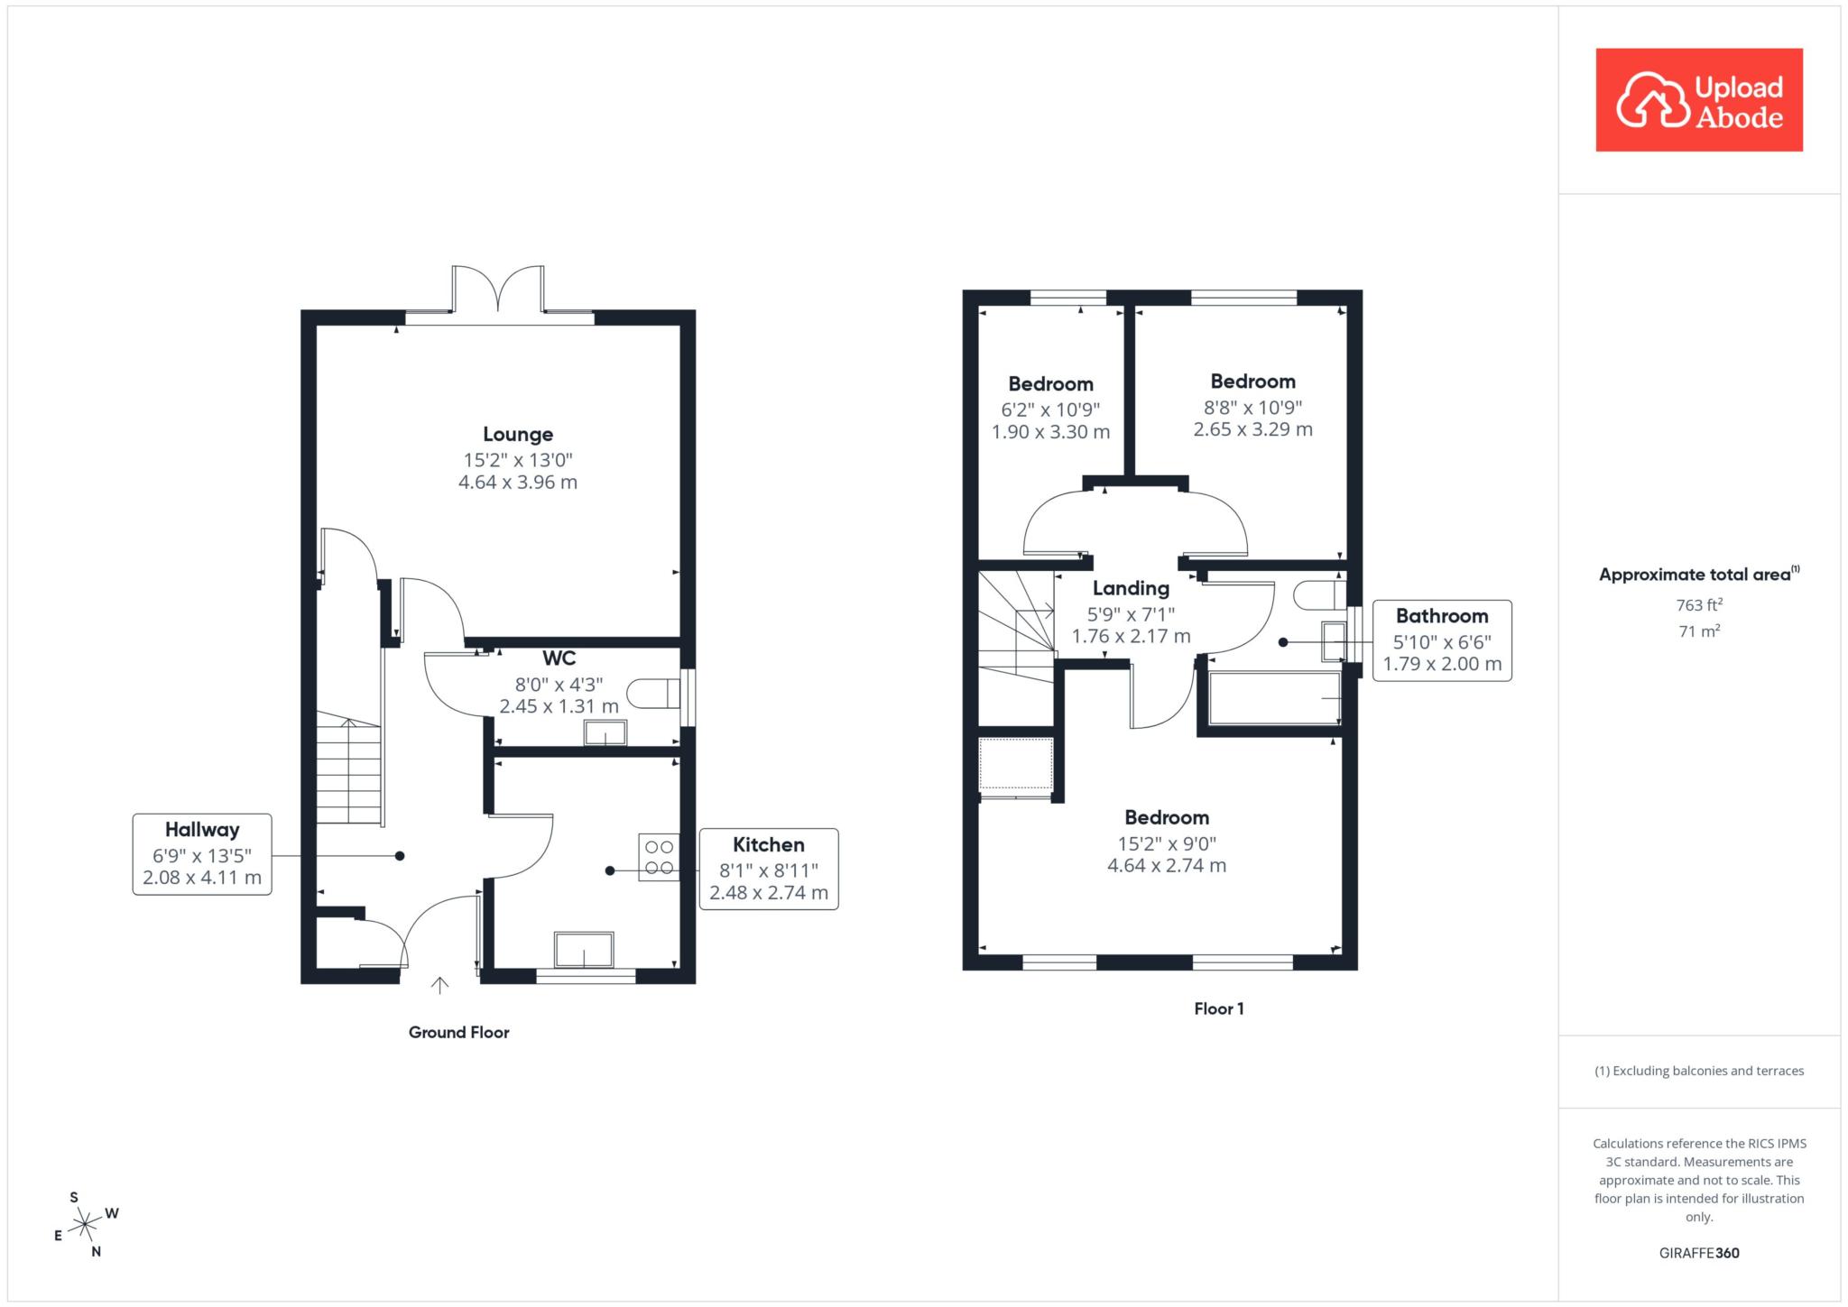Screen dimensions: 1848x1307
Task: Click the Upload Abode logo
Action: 1699,100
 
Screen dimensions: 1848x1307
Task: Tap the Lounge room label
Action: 518,435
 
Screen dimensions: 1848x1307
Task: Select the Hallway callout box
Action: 202,854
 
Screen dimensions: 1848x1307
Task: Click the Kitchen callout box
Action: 769,869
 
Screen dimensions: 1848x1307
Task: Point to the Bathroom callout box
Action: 1442,640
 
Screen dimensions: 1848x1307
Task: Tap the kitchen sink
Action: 584,951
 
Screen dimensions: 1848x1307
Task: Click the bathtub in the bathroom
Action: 1274,698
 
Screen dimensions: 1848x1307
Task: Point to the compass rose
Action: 85,1224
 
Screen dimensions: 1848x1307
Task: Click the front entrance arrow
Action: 439,985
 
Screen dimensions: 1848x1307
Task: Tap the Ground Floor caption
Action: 459,1033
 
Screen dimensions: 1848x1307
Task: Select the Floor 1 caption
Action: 1219,1009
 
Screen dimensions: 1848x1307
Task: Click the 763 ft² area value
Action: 1699,605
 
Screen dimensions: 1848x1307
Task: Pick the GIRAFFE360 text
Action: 1699,1253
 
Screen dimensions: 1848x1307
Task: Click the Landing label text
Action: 1131,589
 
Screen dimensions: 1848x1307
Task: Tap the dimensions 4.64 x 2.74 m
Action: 1167,866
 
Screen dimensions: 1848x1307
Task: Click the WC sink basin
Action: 605,733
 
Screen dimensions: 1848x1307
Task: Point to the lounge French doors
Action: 498,291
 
